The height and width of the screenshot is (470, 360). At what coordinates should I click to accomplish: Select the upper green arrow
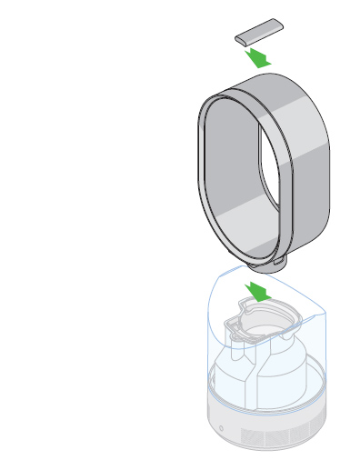click(x=259, y=58)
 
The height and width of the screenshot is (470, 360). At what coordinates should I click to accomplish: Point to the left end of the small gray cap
click(x=238, y=37)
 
